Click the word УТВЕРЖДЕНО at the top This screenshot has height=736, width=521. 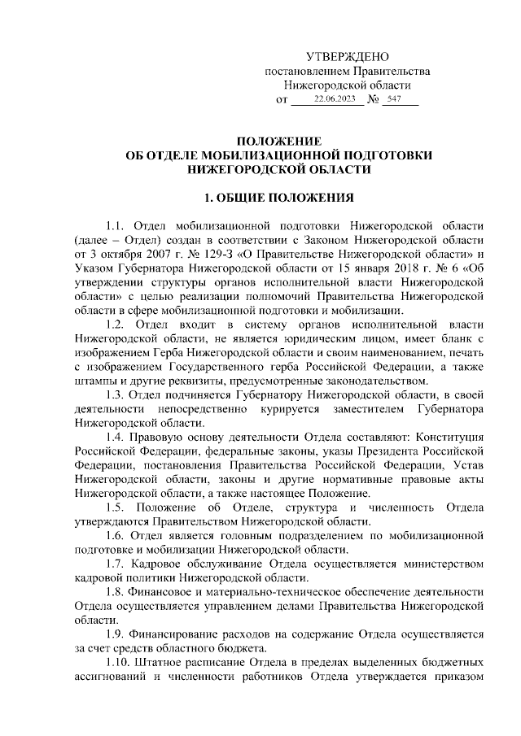[x=348, y=56]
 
